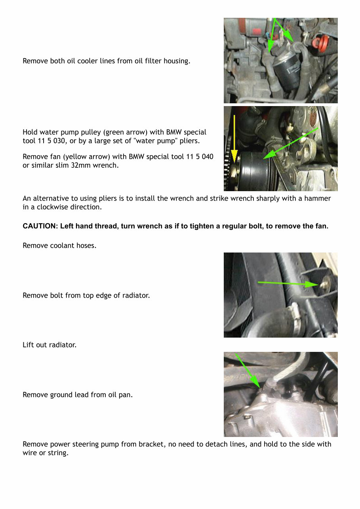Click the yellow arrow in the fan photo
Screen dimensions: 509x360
[x=234, y=139]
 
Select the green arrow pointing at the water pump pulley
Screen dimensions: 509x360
[x=291, y=142]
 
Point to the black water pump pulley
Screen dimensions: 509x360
[x=253, y=171]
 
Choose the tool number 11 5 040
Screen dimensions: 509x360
[x=194, y=157]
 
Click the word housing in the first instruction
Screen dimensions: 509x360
[x=176, y=61]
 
